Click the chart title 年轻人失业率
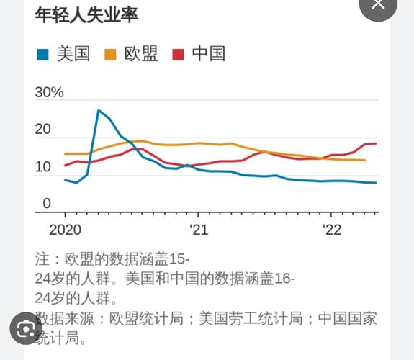coord(86,14)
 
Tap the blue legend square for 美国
coord(42,55)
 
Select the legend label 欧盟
coord(141,54)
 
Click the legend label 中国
coord(209,54)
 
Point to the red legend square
coord(178,55)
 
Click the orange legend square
coord(110,55)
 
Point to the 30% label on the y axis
coord(49,92)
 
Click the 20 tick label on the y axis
coord(43,130)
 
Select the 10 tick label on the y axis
coord(43,167)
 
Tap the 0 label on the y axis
coord(47,204)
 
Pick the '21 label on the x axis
coord(198,230)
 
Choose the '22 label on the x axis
coord(331,230)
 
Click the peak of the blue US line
coord(99,110)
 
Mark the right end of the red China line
coord(377,143)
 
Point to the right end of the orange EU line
coord(365,160)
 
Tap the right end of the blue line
coord(377,183)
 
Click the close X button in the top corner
coord(378,6)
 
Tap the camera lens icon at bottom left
coord(26,329)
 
